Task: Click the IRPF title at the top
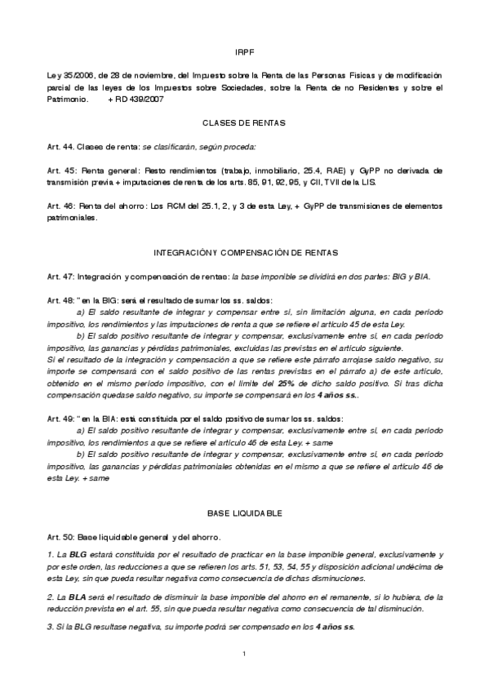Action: pos(244,51)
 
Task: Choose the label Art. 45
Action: pos(60,171)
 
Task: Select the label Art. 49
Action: pos(60,419)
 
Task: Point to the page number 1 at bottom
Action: pos(244,654)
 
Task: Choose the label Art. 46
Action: pos(60,206)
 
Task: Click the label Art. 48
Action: pos(60,301)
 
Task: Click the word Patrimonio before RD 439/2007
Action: pos(68,97)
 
